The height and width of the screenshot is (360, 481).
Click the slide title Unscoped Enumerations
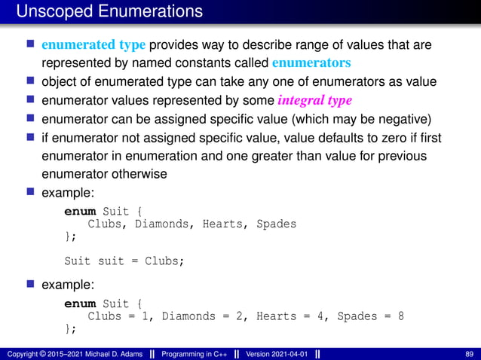coord(109,11)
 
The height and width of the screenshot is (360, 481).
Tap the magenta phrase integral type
coord(314,100)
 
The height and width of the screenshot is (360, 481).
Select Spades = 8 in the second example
coord(370,316)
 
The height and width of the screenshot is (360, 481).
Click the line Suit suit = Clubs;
coord(124,261)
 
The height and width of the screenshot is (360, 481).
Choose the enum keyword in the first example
coord(80,212)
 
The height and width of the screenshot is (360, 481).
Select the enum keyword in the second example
coord(80,304)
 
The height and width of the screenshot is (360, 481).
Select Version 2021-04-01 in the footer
coord(277,354)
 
